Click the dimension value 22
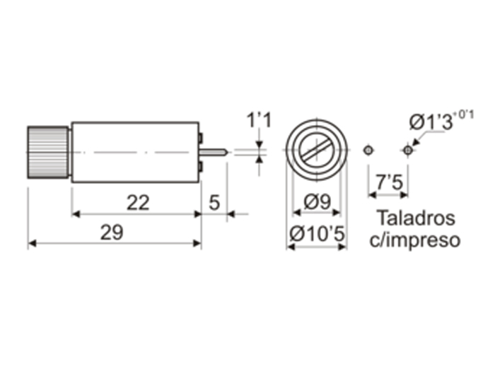pyautogui.click(x=138, y=203)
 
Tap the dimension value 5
pyautogui.click(x=214, y=203)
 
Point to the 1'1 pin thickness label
pyautogui.click(x=258, y=120)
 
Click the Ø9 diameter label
pyautogui.click(x=317, y=203)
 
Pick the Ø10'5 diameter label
pyautogui.click(x=317, y=232)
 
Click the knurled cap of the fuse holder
pyautogui.click(x=49, y=152)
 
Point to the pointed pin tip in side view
pyautogui.click(x=224, y=151)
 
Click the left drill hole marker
pyautogui.click(x=367, y=150)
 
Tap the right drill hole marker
pyautogui.click(x=407, y=150)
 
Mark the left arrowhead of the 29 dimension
pyautogui.click(x=32, y=244)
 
